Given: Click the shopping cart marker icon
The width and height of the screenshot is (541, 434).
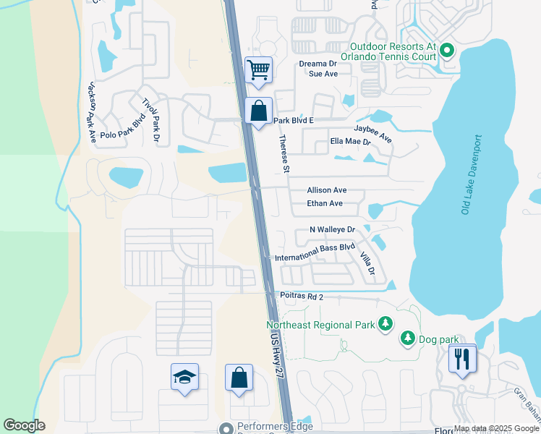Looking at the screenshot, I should pyautogui.click(x=258, y=70).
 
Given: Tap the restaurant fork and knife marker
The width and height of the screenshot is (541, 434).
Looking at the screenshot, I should pyautogui.click(x=462, y=358).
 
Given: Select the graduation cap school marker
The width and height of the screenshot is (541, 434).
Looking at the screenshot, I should pyautogui.click(x=184, y=377).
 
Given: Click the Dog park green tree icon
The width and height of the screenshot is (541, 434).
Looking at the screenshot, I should pyautogui.click(x=408, y=338).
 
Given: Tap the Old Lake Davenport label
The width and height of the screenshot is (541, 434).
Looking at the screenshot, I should pyautogui.click(x=470, y=174).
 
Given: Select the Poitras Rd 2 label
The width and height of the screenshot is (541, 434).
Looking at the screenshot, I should pyautogui.click(x=302, y=296).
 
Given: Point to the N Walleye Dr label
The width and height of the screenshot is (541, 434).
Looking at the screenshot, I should pyautogui.click(x=332, y=229).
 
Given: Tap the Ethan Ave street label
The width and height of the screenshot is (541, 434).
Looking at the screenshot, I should pyautogui.click(x=325, y=203).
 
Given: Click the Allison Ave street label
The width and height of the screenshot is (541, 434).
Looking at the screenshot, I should pyautogui.click(x=326, y=190).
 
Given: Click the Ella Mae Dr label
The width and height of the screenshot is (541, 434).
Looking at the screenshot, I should pyautogui.click(x=349, y=142).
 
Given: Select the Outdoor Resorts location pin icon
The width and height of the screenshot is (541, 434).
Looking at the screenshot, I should pyautogui.click(x=446, y=50).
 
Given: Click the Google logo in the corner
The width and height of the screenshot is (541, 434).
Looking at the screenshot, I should pyautogui.click(x=24, y=425).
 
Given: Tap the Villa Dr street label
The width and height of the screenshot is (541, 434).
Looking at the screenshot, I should pyautogui.click(x=368, y=260).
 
